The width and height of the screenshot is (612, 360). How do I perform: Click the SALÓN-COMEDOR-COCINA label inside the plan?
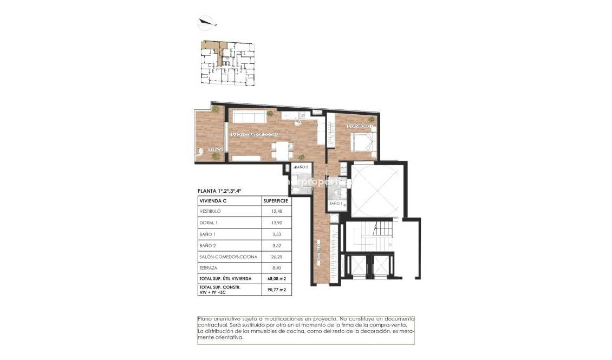255,134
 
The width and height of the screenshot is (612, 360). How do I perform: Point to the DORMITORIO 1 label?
360,126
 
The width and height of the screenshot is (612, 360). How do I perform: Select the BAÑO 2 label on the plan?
301,167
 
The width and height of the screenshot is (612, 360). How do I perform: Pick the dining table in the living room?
281,149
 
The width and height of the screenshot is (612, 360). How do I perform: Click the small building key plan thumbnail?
227,63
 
